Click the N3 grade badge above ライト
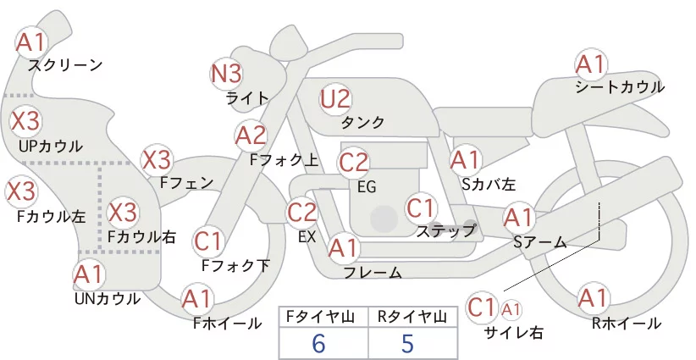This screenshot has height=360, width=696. click(226, 74)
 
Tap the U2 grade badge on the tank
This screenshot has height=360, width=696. click(335, 99)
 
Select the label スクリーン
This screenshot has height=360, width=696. click(65, 65)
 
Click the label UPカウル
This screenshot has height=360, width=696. click(51, 146)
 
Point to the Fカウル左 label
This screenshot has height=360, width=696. click(52, 216)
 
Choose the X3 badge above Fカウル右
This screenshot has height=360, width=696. click(123, 213)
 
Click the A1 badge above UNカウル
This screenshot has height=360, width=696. click(89, 275)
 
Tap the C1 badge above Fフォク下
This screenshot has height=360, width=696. click(207, 242)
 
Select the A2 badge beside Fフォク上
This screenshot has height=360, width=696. click(251, 136)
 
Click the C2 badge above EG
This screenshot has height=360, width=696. click(354, 163)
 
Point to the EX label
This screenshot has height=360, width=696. click(307, 237)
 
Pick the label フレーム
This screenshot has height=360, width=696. click(373, 273)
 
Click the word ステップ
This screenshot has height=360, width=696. click(446, 230)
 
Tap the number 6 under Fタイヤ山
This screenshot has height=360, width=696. click(318, 344)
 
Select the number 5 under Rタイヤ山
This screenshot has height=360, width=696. click(407, 344)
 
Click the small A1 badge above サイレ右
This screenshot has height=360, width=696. click(511, 310)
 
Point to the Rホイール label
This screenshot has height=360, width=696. click(627, 324)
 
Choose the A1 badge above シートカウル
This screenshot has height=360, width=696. click(591, 65)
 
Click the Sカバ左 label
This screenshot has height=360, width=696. click(489, 184)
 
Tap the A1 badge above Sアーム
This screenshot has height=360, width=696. click(518, 218)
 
